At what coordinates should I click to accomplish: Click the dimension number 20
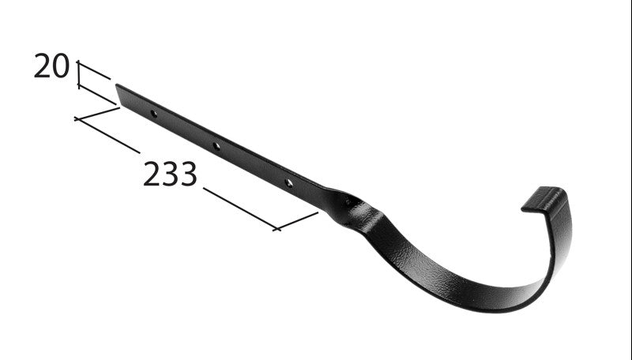coord(51,67)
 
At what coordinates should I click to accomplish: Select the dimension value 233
coord(170,174)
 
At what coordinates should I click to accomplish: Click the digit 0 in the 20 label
coord(61,67)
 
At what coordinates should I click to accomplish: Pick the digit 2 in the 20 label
coord(42,67)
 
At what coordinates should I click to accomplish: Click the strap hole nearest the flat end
coord(153,114)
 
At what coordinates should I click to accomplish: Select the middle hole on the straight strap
coord(216,146)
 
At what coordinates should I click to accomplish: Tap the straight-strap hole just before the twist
coord(289,182)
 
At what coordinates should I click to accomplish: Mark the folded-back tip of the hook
coord(542,199)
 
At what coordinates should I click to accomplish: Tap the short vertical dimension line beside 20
coord(78,74)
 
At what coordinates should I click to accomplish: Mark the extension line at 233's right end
coord(297,220)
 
